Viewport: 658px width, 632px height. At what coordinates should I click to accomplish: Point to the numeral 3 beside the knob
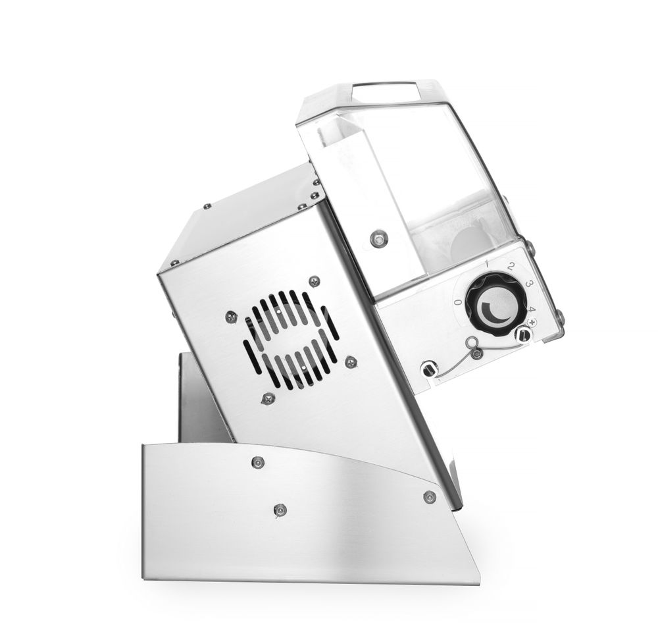pos(528,283)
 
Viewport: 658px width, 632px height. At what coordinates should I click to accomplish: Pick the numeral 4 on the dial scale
pos(531,309)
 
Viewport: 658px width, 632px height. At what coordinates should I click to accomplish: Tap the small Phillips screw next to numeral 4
pos(532,321)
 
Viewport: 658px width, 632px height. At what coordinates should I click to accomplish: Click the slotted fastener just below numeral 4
pos(523,335)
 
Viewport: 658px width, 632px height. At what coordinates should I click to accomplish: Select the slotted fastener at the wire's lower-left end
pos(429,369)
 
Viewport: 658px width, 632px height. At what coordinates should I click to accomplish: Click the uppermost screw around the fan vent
pos(315,281)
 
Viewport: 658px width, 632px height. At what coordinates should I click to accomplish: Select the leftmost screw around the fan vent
pos(231,317)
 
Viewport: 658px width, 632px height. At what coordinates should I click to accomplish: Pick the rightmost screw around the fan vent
pos(351,361)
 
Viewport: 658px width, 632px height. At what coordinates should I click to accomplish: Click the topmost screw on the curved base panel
pos(258,462)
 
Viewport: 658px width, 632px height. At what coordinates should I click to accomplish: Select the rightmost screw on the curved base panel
pos(429,496)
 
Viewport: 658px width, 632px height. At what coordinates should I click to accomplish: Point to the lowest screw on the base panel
pos(280,509)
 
